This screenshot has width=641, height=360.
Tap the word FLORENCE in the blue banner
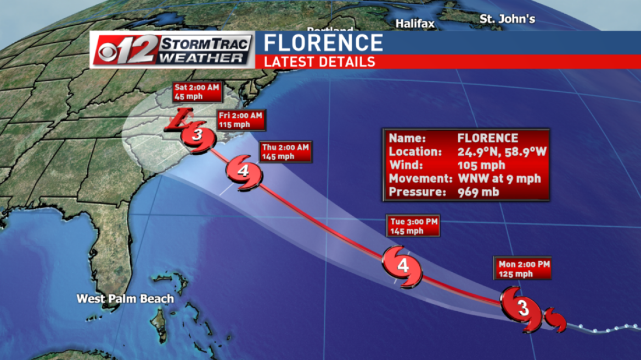[323, 43]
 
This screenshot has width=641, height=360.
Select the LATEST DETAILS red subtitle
[319, 61]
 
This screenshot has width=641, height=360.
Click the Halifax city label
[415, 24]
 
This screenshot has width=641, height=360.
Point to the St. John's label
[507, 19]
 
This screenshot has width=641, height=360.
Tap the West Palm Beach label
[125, 299]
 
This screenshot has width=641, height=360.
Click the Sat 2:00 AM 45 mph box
[196, 92]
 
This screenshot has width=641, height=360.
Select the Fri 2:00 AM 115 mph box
[240, 120]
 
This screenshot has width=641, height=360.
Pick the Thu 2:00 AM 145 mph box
[285, 151]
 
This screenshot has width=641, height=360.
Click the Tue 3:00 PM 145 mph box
[413, 226]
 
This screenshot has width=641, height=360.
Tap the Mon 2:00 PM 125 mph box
[521, 268]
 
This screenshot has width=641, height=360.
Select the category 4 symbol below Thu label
[243, 172]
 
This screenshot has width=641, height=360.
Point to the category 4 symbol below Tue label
[403, 267]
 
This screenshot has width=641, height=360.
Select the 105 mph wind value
[481, 165]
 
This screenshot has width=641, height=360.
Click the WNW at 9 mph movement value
[499, 178]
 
